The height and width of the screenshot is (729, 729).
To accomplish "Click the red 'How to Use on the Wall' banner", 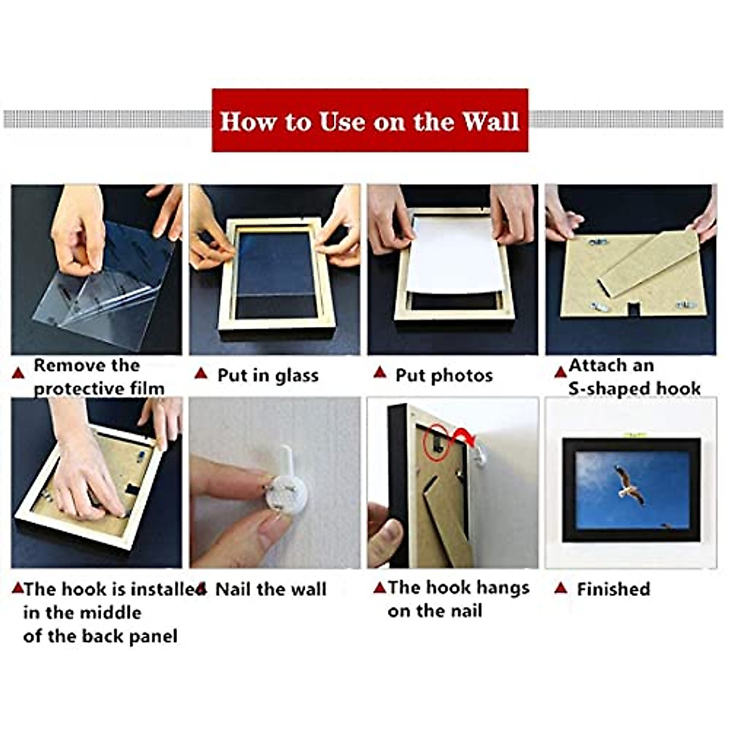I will coord(369,120).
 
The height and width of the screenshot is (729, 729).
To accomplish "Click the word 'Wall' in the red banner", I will coord(490,120).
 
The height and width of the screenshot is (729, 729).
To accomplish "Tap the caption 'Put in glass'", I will coord(268,375).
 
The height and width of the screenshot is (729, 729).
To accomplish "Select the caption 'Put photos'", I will coord(444,375).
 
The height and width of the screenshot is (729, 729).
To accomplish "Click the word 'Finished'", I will coord(613,589).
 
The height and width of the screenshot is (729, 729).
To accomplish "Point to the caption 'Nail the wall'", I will coord(271,589).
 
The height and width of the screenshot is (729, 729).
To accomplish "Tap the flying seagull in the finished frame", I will coord(629,484).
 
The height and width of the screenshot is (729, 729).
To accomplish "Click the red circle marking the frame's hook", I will coord(436,442).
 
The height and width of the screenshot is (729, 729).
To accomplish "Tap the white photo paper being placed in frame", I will coord(453,255).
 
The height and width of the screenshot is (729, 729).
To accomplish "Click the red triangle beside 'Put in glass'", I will coord(201,373).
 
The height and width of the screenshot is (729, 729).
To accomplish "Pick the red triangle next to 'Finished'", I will coord(561,587).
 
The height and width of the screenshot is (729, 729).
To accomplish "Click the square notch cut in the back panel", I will coord(633,309).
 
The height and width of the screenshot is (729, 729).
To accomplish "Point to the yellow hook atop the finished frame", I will coord(632,434).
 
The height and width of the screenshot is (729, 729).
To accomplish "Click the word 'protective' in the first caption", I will coord(72,388).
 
